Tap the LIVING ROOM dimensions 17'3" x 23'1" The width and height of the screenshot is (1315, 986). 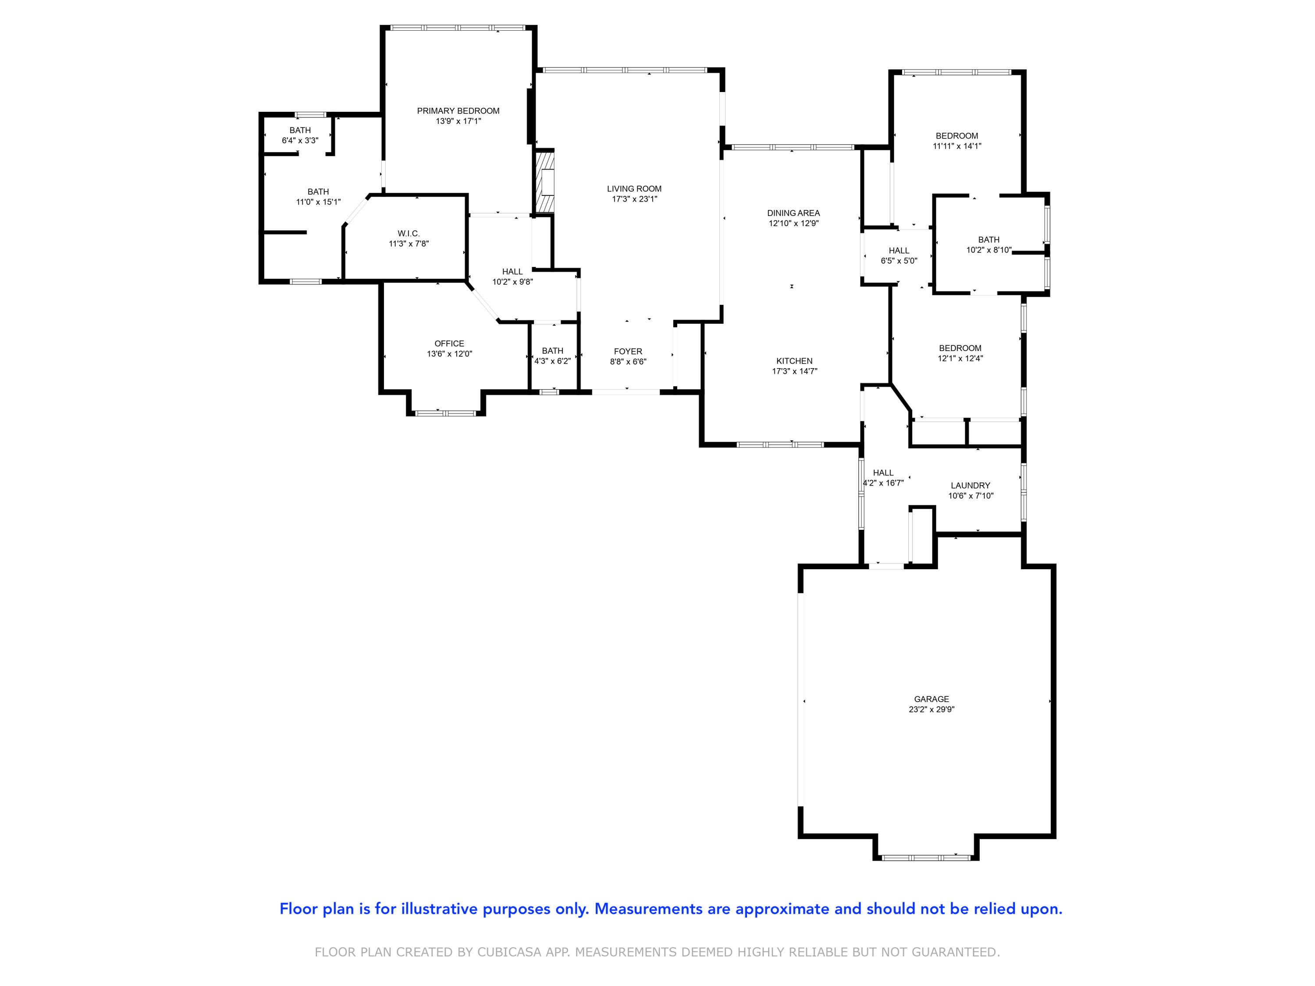point(634,199)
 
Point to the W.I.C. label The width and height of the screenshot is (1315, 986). point(409,234)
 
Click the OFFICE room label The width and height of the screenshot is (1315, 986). point(449,344)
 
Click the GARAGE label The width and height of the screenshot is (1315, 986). point(931,699)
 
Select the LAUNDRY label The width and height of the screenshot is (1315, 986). point(970,486)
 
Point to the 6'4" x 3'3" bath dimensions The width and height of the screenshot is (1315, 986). point(300,141)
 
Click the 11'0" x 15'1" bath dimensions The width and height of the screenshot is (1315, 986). point(318,202)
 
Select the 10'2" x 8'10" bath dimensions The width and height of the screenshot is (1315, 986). point(988,250)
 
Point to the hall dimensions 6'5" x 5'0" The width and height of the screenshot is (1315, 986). point(899,261)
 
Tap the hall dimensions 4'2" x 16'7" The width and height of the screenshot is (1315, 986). point(883,483)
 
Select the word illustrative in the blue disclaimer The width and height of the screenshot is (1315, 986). point(439,909)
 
